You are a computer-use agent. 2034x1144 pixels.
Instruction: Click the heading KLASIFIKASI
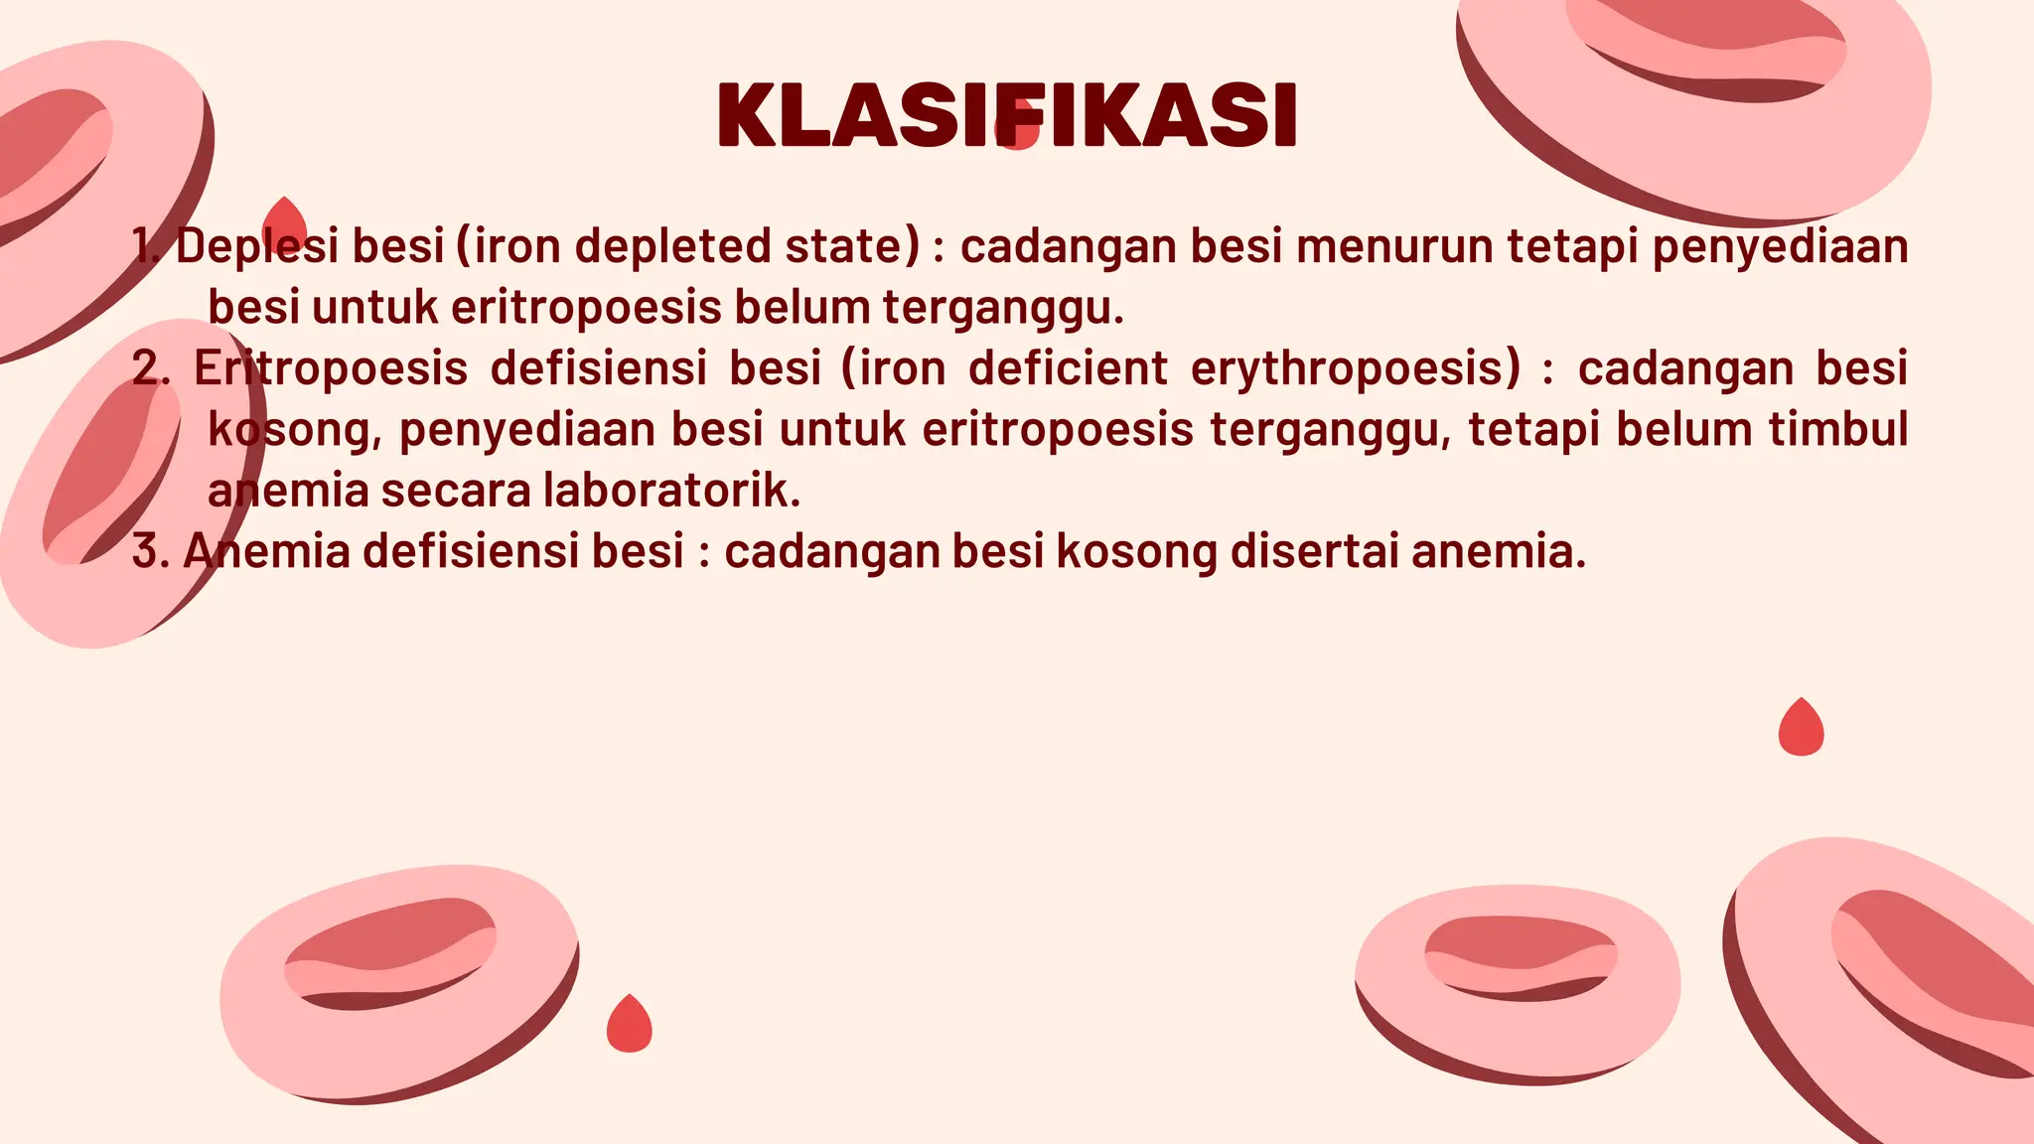(1007, 116)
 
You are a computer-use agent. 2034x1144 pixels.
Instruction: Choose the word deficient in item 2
(1068, 368)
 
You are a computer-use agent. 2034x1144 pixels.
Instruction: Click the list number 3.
(149, 552)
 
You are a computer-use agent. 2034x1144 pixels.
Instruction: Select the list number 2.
(150, 368)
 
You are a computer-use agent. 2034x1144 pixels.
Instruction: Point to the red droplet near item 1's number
(285, 223)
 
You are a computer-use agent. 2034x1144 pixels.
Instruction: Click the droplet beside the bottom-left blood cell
(629, 1025)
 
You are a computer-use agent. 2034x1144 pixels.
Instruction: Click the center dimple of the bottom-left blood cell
(389, 953)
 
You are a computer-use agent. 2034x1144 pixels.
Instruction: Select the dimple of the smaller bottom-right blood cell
(1520, 953)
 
